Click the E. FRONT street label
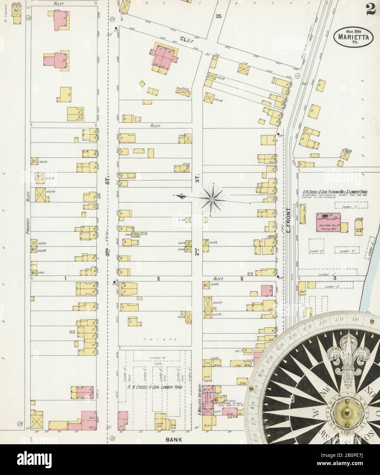pos(288,220)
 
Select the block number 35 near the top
pos(219,16)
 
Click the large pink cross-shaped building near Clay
pos(164,56)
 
